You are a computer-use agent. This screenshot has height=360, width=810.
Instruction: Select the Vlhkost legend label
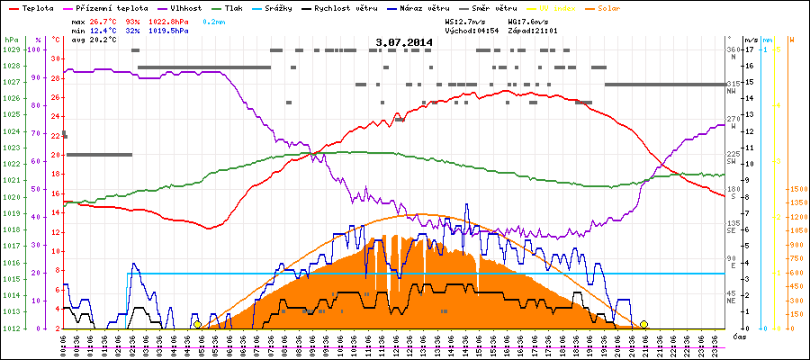184,6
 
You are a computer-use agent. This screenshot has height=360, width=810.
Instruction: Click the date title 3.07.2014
404,41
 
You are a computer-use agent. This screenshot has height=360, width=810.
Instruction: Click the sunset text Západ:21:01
533,30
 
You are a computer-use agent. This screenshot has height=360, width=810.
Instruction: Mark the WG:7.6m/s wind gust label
527,20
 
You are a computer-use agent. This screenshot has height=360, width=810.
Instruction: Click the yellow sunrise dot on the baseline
197,324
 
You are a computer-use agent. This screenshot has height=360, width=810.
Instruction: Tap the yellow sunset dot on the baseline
643,324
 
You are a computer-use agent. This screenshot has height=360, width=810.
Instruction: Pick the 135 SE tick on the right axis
733,225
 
